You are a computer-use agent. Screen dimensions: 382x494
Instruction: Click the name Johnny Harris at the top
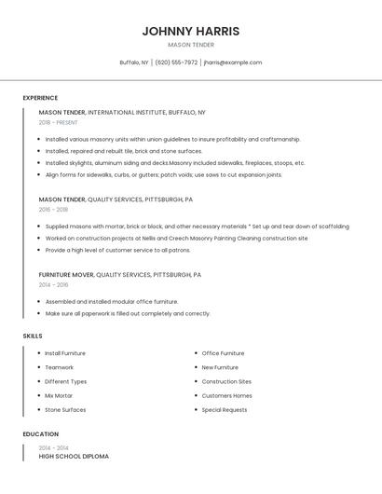click(191, 31)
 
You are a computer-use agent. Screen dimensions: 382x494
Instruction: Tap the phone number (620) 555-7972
click(176, 62)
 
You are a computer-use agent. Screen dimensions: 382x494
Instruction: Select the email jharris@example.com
click(233, 62)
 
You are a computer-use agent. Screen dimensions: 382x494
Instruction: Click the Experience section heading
click(40, 98)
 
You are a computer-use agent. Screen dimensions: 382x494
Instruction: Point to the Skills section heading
click(33, 336)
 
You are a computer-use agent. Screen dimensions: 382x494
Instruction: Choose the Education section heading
click(40, 434)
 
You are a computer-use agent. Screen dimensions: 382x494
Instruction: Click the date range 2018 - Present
click(59, 122)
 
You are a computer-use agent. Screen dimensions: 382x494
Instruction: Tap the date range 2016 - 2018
click(53, 210)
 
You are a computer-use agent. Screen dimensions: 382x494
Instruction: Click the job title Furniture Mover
click(66, 275)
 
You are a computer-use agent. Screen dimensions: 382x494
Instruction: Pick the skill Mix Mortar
click(59, 395)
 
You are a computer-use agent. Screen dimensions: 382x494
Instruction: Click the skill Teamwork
click(61, 367)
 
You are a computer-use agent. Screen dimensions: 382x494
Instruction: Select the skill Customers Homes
click(226, 395)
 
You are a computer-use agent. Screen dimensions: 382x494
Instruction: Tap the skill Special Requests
click(225, 409)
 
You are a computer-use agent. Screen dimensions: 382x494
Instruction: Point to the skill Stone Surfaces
click(65, 409)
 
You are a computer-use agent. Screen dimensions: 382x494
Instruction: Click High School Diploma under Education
click(74, 457)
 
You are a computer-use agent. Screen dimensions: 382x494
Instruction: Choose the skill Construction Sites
click(226, 381)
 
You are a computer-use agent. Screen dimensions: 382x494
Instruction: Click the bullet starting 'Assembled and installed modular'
click(112, 302)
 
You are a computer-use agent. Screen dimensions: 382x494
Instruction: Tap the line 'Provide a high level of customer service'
click(117, 250)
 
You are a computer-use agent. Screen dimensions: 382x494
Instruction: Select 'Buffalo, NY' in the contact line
click(134, 62)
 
